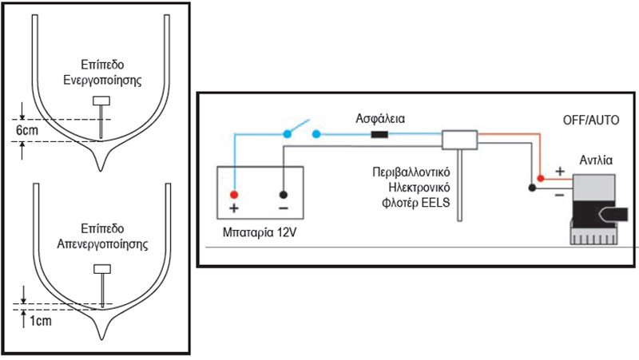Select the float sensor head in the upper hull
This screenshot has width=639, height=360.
tap(101, 101)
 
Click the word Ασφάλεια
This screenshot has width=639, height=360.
tap(382, 117)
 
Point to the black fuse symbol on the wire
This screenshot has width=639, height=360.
tap(382, 134)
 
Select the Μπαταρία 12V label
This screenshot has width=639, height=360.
tap(259, 234)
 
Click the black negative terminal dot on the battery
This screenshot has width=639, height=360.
tap(284, 195)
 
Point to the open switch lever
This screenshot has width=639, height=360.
tap(303, 126)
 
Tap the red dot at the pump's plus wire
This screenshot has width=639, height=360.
tap(541, 178)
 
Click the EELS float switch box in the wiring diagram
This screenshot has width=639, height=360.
tap(460, 140)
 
